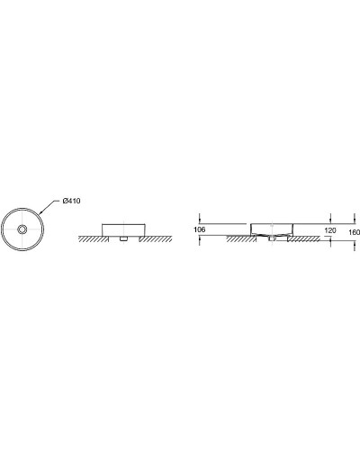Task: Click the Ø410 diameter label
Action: coord(73,201)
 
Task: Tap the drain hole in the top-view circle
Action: coord(22,229)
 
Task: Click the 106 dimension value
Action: coord(200,230)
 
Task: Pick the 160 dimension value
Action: coord(353,230)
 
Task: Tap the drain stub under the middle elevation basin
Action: coord(123,240)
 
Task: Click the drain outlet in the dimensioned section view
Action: coord(271,240)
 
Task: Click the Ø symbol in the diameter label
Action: coord(67,201)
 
